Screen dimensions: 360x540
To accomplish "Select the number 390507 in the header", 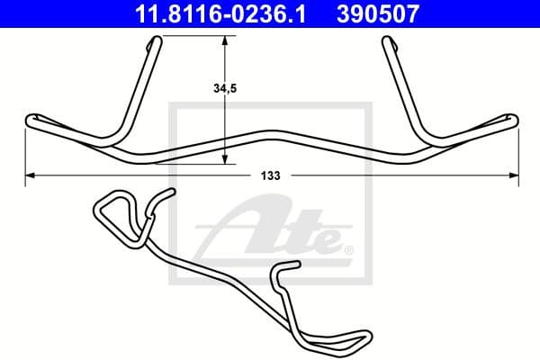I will point(378,13).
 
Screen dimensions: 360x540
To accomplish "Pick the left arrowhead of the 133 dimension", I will point(27,173).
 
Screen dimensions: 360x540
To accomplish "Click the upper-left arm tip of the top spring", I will point(157,40).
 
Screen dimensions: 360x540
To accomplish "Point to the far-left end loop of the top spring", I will point(31,119).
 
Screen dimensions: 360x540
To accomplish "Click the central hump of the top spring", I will point(269,132).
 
